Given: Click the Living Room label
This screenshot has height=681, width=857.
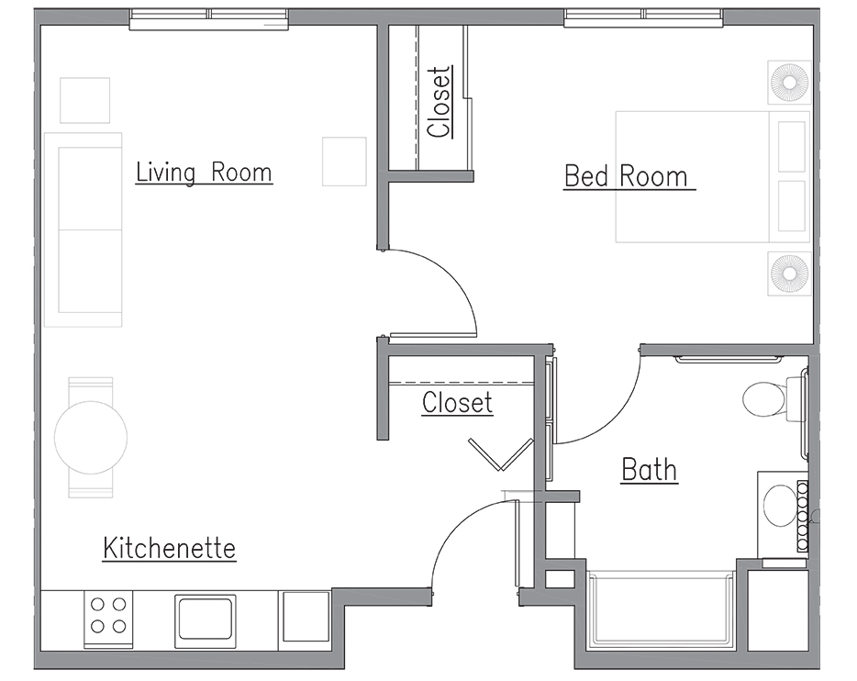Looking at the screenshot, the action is (204, 173).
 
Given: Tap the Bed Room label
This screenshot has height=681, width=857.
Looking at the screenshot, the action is (629, 176).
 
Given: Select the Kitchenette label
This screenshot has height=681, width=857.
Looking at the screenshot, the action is (170, 548).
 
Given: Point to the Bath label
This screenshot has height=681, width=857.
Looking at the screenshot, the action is (650, 470).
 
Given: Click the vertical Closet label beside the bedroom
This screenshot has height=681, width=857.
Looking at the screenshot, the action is (440, 102).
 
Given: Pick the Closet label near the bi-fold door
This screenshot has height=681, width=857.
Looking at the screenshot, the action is (458, 403).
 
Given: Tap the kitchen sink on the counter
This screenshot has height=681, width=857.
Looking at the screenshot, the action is (206, 620).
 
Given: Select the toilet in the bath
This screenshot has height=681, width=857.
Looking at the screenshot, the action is (772, 399).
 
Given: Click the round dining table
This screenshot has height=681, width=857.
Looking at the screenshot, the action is (91, 437).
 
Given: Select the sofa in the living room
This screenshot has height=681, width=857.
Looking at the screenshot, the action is (83, 229).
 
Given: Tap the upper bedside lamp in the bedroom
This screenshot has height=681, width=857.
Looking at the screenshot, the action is (790, 82).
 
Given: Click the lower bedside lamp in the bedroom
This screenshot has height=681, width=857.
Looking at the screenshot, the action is (790, 274).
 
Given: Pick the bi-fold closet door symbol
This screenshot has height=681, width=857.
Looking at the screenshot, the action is (501, 454).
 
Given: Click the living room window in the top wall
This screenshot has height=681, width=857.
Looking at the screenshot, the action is (209, 18).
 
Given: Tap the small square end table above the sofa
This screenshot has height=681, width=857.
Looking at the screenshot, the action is (84, 100).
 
